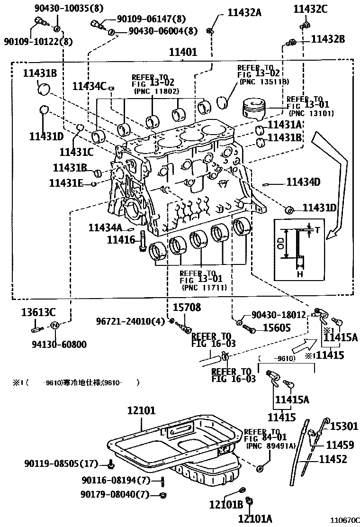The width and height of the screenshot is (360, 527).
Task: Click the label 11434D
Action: point(303,182)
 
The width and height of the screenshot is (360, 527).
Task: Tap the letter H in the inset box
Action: point(299,274)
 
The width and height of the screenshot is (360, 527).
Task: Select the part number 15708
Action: point(186,308)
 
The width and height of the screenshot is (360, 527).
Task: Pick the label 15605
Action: point(277,327)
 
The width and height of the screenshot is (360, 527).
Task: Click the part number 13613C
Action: point(38,311)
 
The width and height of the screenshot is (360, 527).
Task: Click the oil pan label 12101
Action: point(141,411)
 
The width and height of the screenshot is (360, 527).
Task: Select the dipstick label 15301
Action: point(343,427)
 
